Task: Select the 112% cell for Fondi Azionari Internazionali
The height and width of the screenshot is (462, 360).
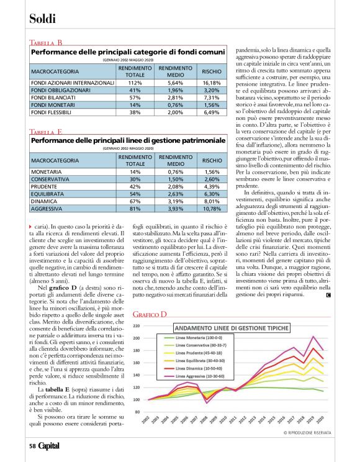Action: [x=135, y=82]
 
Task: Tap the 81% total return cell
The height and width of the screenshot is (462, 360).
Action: [x=135, y=208]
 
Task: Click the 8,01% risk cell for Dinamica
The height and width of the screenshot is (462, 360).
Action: [x=211, y=201]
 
